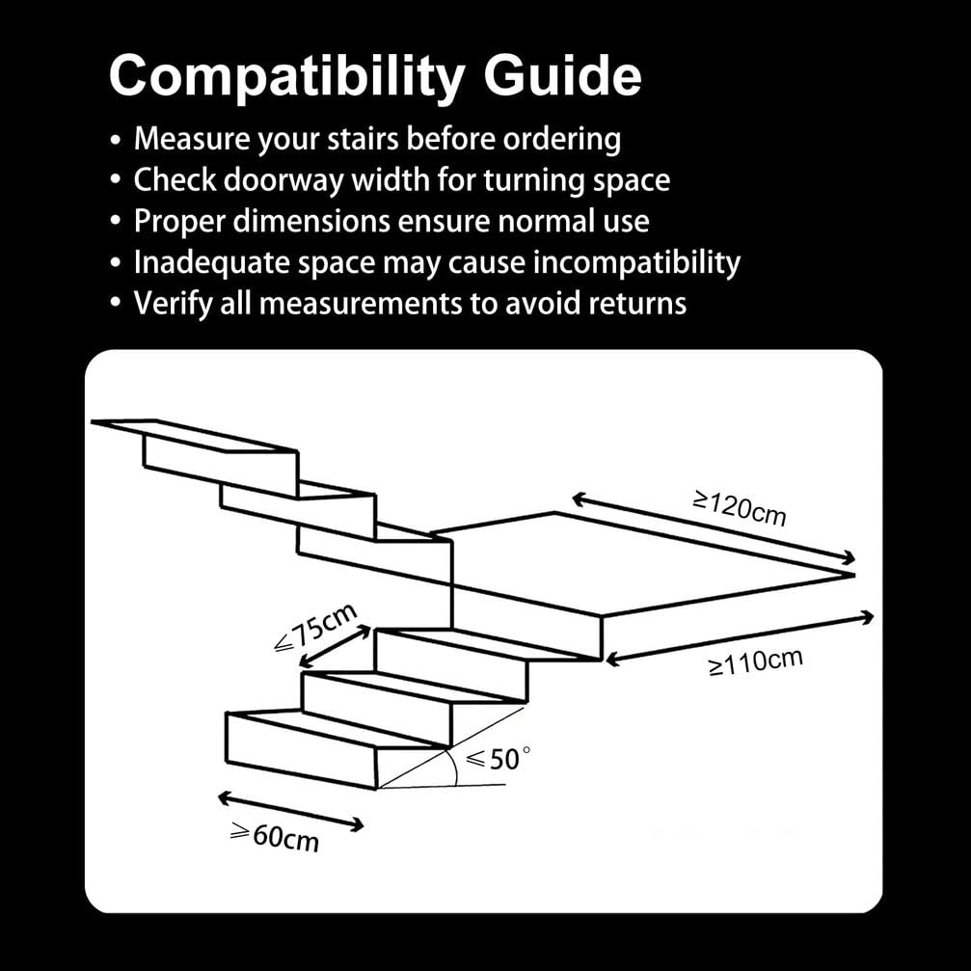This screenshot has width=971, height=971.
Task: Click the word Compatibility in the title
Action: coord(286,77)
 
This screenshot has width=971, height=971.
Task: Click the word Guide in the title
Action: coord(562,75)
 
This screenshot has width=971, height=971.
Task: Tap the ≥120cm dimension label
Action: coord(740,508)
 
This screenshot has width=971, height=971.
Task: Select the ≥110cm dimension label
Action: coord(756,662)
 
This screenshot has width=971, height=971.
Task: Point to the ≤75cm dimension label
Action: coord(316,626)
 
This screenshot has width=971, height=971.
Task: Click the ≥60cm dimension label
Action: coord(275,837)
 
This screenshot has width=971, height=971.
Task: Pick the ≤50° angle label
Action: coord(498,759)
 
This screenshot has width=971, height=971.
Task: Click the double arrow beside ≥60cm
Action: coord(291,811)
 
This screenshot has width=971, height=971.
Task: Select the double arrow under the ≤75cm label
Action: coord(336,647)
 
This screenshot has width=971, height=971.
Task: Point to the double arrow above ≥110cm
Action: coord(740,638)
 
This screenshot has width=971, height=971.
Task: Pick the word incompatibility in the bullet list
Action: coord(636,262)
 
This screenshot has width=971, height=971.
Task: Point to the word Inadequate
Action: coord(211,262)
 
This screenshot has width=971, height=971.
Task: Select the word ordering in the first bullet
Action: coord(561,140)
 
